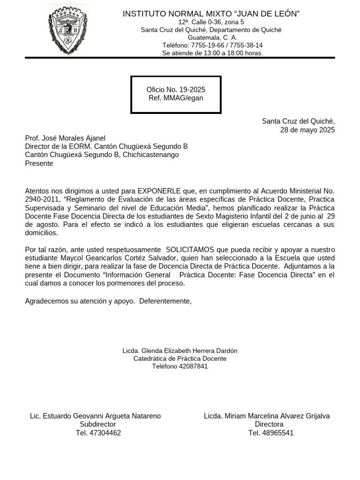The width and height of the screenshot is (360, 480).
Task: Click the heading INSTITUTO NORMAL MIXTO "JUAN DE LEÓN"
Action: click(x=211, y=14)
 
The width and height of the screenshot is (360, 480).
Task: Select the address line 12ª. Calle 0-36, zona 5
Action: click(x=211, y=22)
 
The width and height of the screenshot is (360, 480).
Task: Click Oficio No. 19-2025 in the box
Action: click(x=176, y=90)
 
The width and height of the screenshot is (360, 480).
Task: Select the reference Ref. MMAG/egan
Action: click(x=176, y=98)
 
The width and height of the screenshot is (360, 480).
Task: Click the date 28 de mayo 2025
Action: click(x=307, y=130)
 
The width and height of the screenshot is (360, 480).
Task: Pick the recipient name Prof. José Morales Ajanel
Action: click(x=65, y=138)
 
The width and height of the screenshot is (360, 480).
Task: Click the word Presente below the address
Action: click(x=39, y=164)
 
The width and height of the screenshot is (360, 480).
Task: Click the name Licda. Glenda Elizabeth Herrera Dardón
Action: click(x=180, y=351)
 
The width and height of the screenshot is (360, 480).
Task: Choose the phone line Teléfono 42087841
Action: click(x=180, y=366)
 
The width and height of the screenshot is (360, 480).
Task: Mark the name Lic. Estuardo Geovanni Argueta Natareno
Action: click(x=95, y=416)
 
